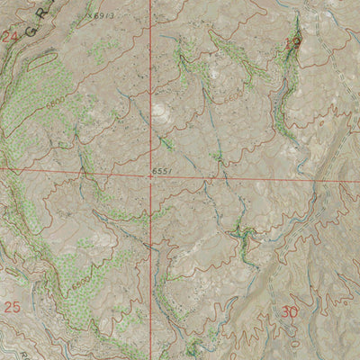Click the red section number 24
(x=11, y=37)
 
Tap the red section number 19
(x=292, y=41)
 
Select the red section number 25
(x=12, y=307)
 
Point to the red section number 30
(x=289, y=312)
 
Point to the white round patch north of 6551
(x=159, y=112)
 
